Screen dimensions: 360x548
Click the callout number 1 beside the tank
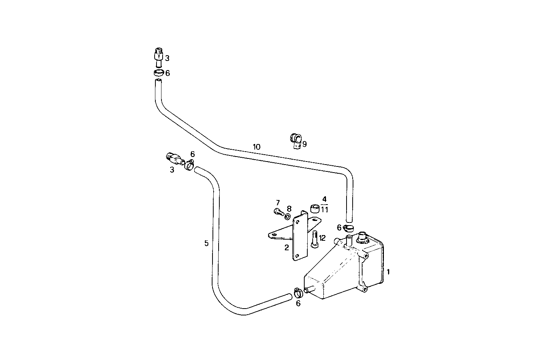pyautogui.click(x=388, y=272)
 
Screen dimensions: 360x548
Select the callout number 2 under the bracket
pyautogui.click(x=286, y=248)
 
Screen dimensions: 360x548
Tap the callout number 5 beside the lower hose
pyautogui.click(x=206, y=243)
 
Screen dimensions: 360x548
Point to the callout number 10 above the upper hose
pyautogui.click(x=256, y=147)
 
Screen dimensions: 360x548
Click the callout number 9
pyautogui.click(x=304, y=144)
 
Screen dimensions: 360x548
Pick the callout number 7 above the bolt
pyautogui.click(x=278, y=202)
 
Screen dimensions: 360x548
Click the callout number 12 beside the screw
pyautogui.click(x=322, y=238)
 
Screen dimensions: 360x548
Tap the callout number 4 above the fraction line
pyautogui.click(x=324, y=199)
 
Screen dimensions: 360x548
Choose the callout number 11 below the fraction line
pyautogui.click(x=324, y=210)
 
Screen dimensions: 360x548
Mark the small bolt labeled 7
pyautogui.click(x=278, y=212)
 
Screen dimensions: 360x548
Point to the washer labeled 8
pyautogui.click(x=288, y=216)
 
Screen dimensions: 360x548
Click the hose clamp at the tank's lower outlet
pyautogui.click(x=298, y=293)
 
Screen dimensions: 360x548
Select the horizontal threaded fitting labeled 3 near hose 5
pyautogui.click(x=175, y=158)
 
